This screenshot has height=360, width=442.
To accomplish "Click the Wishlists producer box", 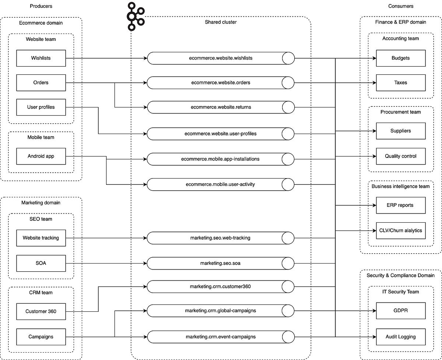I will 41,58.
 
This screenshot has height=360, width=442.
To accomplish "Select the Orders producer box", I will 41,83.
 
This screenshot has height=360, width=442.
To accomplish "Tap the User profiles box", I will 41,107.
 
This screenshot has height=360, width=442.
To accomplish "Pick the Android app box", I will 41,156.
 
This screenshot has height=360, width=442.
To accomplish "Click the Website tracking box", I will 41,238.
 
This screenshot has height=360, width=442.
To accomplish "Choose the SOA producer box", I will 41,263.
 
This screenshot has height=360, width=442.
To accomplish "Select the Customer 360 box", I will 41,311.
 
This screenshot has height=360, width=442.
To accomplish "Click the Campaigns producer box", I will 41,336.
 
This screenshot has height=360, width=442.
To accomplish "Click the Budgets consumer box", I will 400,58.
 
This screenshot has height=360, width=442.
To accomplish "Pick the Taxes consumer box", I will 400,83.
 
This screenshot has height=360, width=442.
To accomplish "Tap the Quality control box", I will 400,156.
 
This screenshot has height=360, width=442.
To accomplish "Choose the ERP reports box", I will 400,205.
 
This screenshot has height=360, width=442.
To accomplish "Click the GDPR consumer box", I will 400,311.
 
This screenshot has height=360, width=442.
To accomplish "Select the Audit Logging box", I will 400,336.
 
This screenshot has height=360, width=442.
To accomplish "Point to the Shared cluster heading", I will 221,22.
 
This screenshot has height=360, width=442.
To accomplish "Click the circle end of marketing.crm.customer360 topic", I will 288,286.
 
